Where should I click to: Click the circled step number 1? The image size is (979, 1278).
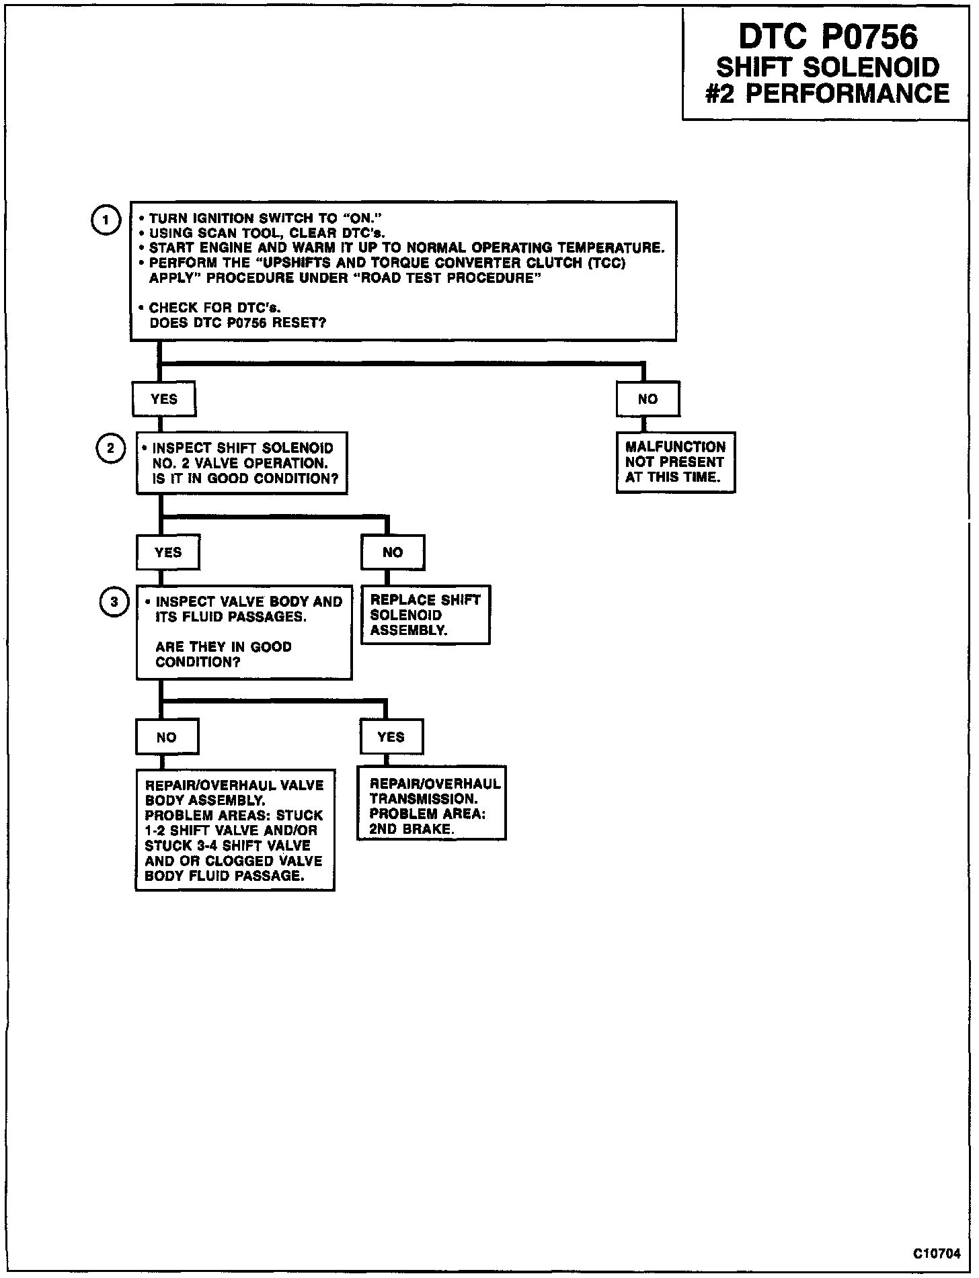tap(105, 220)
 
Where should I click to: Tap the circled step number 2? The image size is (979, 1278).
tap(111, 449)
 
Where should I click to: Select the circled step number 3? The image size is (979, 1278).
tap(114, 602)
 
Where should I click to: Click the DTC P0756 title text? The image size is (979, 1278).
tap(828, 38)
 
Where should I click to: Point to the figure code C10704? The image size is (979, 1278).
tap(937, 1254)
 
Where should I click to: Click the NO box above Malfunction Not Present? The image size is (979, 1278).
tap(648, 399)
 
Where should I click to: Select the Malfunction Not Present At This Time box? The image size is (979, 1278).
tap(675, 462)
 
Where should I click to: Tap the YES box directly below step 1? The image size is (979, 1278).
tap(164, 399)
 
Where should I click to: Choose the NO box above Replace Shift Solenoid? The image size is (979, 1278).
tap(393, 552)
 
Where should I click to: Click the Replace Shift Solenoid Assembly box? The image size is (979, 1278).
tap(425, 615)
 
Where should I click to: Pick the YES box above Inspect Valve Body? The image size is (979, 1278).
tap(168, 552)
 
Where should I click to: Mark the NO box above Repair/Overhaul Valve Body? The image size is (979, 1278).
tap(167, 737)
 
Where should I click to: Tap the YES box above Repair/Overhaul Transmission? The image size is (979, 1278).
tap(391, 737)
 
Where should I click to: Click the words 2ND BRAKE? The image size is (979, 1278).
tap(412, 829)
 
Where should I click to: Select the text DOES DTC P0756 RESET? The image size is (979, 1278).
tap(237, 323)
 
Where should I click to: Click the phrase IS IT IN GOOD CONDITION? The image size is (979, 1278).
tap(245, 478)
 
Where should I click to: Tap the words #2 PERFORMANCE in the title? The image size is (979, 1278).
tap(828, 93)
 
